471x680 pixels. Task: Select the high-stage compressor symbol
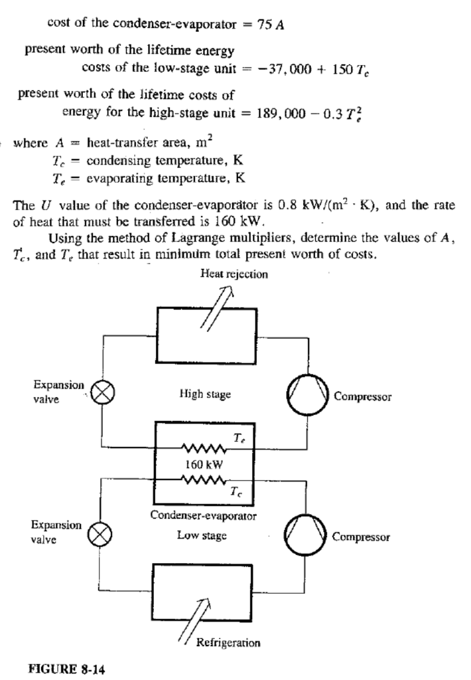306,396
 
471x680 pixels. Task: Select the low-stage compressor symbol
306,535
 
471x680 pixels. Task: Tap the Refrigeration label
228,642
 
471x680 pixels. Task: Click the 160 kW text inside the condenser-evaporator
204,465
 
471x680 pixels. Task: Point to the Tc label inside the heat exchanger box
237,491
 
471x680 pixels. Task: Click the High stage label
205,394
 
